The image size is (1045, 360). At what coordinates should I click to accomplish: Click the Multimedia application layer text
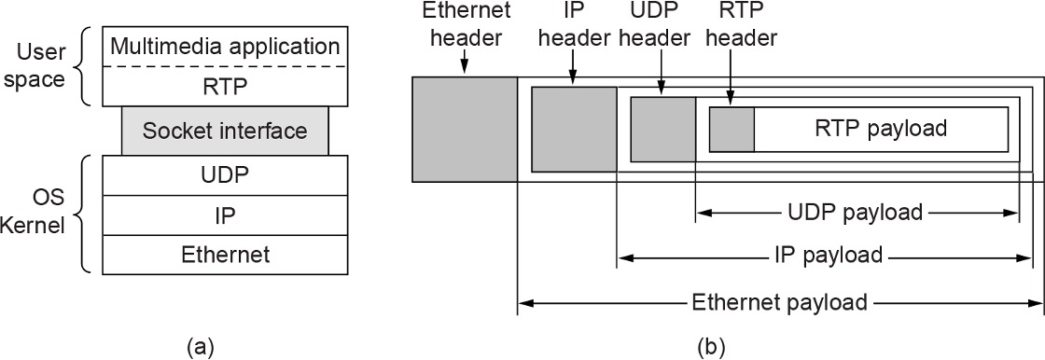coord(224,45)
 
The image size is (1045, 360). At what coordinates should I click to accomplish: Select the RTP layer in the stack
coord(224,86)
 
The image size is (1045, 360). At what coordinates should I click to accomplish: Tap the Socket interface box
coord(224,131)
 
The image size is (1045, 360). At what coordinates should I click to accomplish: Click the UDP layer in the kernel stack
coord(224,174)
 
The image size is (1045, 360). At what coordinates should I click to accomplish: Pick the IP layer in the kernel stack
coord(224,215)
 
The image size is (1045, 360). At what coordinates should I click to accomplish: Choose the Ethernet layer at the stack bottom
coord(224,254)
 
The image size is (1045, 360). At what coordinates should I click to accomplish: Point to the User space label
coord(40,65)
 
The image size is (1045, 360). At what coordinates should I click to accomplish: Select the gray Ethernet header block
coord(465,129)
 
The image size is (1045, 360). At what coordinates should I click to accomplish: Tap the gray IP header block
coord(574,129)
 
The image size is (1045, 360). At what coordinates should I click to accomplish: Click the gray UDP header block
coord(663,130)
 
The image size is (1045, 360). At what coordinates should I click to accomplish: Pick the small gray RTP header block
coord(731,130)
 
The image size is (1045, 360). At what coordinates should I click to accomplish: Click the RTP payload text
coord(880,128)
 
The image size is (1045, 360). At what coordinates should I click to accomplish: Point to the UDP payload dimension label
coord(856,213)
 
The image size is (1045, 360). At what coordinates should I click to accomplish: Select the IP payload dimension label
coord(828,255)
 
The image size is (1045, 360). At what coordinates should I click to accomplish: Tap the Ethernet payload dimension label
coord(780,303)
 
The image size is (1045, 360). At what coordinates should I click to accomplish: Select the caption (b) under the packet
coord(712,347)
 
